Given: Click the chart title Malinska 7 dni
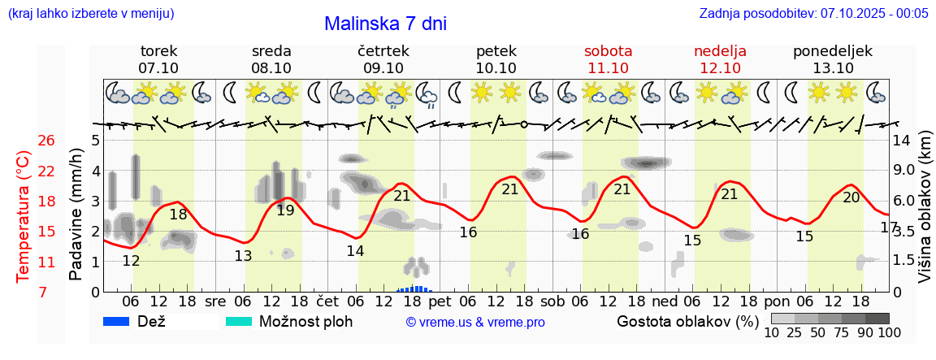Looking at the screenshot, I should point(385,24).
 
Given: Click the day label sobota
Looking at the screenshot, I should point(608,50).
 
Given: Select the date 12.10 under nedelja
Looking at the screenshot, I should point(720,67).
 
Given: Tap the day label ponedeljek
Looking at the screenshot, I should point(833,50).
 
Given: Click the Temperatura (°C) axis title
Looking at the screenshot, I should point(24,216).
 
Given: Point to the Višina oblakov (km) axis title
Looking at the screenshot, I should point(925,216).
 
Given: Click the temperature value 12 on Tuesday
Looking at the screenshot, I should point(131,261).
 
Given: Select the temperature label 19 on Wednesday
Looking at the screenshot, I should point(285,210).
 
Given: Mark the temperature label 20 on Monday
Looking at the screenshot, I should point(851,197).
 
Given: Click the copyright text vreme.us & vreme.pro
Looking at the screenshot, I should point(475,322).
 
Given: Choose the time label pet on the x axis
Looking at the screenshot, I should point(440,301).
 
